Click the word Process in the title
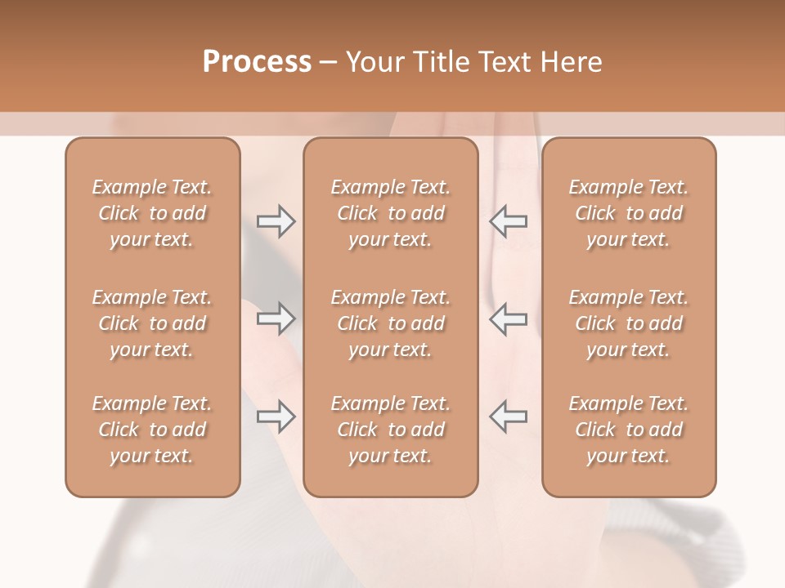257,62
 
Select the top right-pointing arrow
276,221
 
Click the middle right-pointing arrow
276,318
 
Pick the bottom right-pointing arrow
276,416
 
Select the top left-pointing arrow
509,221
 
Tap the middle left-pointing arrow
509,318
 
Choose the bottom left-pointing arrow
509,416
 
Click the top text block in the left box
152,213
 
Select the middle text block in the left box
152,323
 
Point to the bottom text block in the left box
152,430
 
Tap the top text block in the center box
391,213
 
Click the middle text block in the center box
391,323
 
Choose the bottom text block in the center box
391,430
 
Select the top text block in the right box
629,213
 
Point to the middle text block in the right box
629,323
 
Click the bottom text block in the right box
629,430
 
